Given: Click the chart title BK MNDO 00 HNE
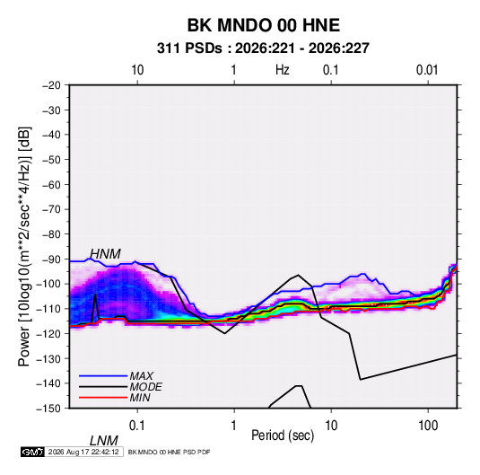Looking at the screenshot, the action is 263,25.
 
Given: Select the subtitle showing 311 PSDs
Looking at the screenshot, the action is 263,48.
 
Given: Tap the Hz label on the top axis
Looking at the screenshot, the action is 283,70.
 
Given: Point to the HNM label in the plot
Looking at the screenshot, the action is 105,254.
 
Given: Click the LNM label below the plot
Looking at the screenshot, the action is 104,441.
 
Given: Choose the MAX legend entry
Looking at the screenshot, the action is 141,375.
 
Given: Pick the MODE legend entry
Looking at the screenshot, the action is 145,387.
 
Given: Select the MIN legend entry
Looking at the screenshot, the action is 140,398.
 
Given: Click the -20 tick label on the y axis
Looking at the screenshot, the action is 51,85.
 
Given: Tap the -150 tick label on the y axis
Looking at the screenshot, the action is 48,409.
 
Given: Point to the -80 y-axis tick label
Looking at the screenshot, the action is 51,234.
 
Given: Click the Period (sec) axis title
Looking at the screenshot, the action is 283,435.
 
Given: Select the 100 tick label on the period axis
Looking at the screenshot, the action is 428,426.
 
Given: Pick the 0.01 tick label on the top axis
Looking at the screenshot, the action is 427,70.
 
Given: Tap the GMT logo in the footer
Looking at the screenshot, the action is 33,452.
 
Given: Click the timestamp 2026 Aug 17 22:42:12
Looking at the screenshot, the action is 83,452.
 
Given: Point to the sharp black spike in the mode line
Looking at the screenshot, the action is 95,295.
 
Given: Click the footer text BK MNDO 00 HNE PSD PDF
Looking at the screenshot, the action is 169,452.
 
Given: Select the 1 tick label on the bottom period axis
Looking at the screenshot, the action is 233,426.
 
